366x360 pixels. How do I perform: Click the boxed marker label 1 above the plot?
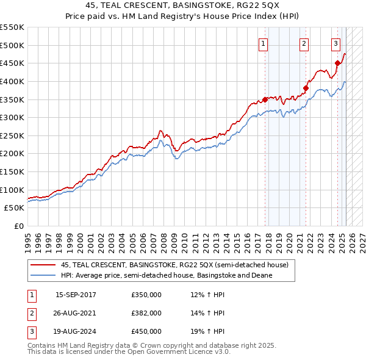click(263, 43)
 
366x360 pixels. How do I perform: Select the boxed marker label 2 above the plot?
click(304, 43)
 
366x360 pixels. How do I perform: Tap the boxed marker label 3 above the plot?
click(335, 43)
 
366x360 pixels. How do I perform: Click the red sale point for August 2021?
click(306, 88)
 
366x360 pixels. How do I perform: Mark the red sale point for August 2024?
click(337, 63)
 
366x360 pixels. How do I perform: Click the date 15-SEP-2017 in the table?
click(76, 295)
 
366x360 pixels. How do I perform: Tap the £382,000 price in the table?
click(146, 313)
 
